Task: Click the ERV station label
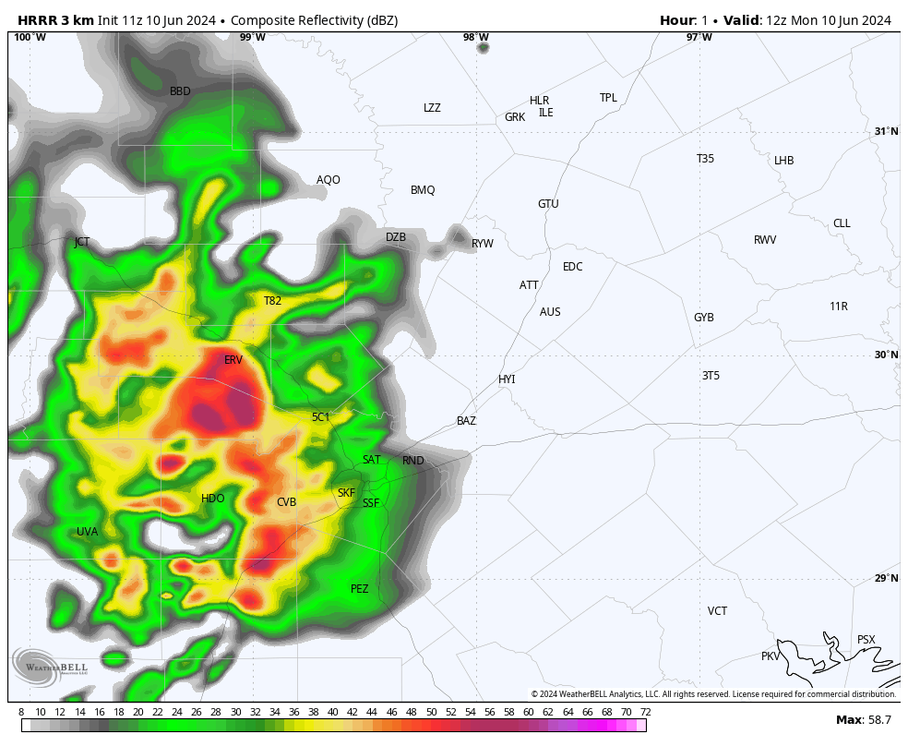click(233, 360)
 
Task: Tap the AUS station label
click(550, 312)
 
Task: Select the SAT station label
click(371, 460)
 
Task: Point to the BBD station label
click(180, 91)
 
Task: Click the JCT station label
click(82, 242)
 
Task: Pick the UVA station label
click(87, 532)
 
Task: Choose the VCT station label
click(717, 611)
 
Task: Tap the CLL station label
click(842, 223)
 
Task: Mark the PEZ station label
click(360, 589)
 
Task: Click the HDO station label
click(212, 499)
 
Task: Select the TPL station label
click(608, 98)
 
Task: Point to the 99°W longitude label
click(252, 38)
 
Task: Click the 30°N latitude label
click(887, 355)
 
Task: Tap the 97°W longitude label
click(699, 38)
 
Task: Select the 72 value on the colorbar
click(645, 712)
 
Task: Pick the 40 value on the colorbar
click(333, 712)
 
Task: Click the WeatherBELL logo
click(50, 667)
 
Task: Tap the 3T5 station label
click(711, 376)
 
